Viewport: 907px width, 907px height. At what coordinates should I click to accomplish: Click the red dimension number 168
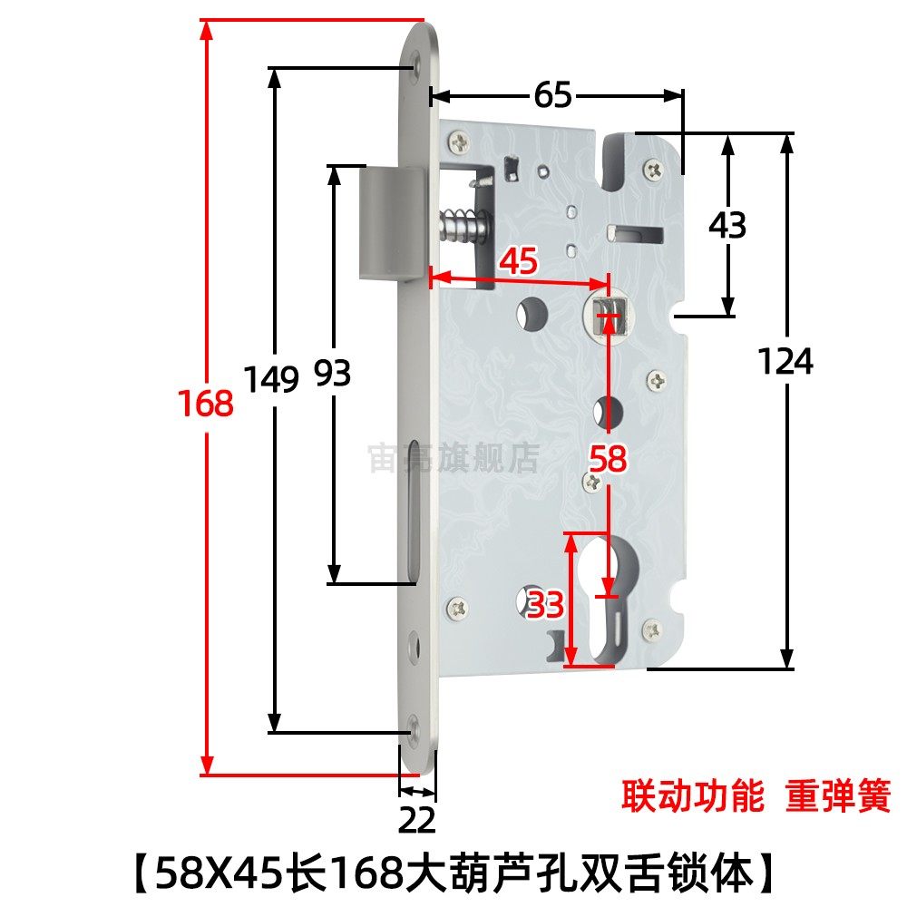206,403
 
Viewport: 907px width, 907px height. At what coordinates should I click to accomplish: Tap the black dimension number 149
271,377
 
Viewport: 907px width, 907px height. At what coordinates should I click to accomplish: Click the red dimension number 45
519,261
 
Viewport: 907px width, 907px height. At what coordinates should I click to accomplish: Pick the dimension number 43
727,225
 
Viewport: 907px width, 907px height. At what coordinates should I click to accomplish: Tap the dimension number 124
786,362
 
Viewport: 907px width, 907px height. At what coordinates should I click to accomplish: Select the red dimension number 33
546,605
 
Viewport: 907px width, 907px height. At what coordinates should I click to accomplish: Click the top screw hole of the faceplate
414,64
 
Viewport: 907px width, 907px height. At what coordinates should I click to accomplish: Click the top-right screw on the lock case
653,168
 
